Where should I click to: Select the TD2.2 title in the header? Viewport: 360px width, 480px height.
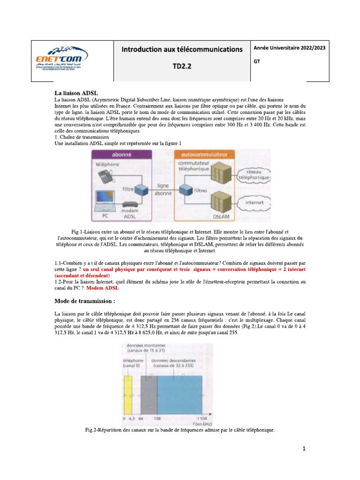tap(182, 67)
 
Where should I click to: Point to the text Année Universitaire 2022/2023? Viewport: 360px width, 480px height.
tap(290, 48)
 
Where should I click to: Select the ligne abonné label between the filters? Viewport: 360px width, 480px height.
tap(163, 189)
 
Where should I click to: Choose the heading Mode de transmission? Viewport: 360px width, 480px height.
tap(85, 300)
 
